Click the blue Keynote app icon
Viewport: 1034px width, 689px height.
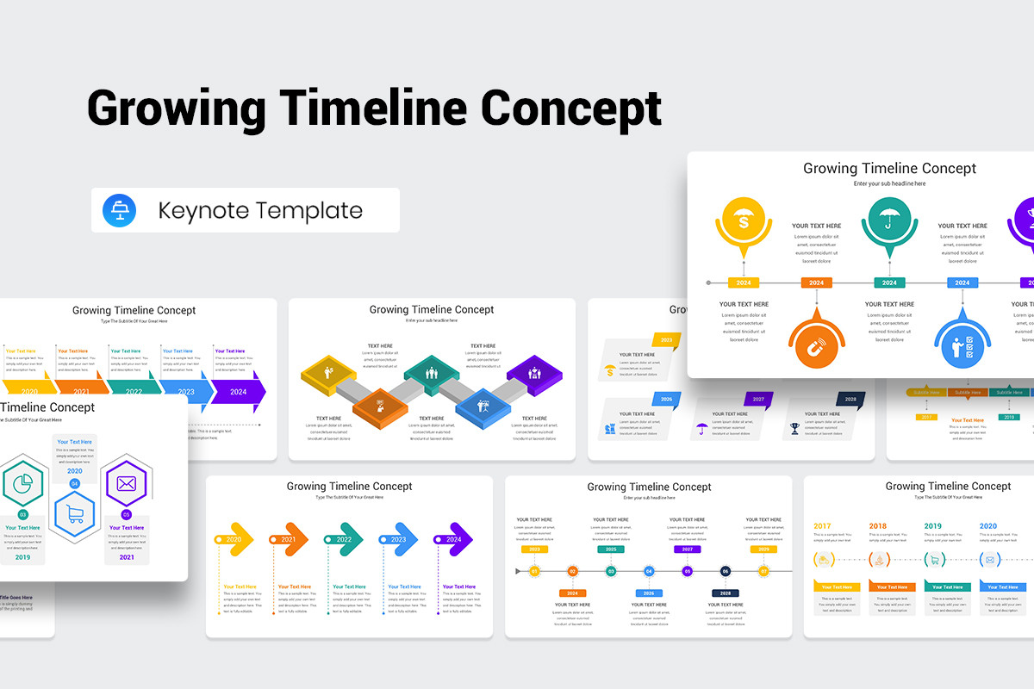point(119,211)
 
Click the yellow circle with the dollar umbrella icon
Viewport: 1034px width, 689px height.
point(743,221)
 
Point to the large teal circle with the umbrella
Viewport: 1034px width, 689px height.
point(889,221)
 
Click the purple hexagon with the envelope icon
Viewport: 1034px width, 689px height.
point(127,484)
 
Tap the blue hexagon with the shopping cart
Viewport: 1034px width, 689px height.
point(75,516)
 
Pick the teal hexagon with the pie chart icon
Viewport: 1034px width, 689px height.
point(23,483)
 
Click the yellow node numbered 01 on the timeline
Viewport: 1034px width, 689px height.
point(534,571)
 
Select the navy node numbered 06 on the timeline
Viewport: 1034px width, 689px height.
point(726,571)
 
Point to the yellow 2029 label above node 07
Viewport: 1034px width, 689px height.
point(763,549)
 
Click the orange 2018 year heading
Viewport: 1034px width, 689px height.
point(877,526)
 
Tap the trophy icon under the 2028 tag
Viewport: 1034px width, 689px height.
point(795,428)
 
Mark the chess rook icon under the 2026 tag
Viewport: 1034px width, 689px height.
point(610,428)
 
